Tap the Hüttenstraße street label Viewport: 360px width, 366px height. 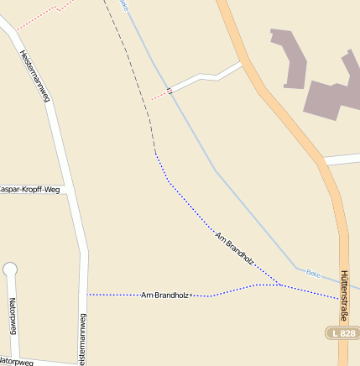[344, 293]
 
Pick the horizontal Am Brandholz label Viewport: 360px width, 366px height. [165, 295]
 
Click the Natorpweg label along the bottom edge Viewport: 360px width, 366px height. [16, 362]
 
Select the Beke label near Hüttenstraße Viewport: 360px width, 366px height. [313, 273]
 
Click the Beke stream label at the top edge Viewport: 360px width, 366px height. [125, 5]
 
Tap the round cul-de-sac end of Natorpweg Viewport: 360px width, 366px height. [10, 269]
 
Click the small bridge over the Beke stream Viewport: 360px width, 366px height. [170, 90]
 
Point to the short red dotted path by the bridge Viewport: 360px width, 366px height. [159, 96]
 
